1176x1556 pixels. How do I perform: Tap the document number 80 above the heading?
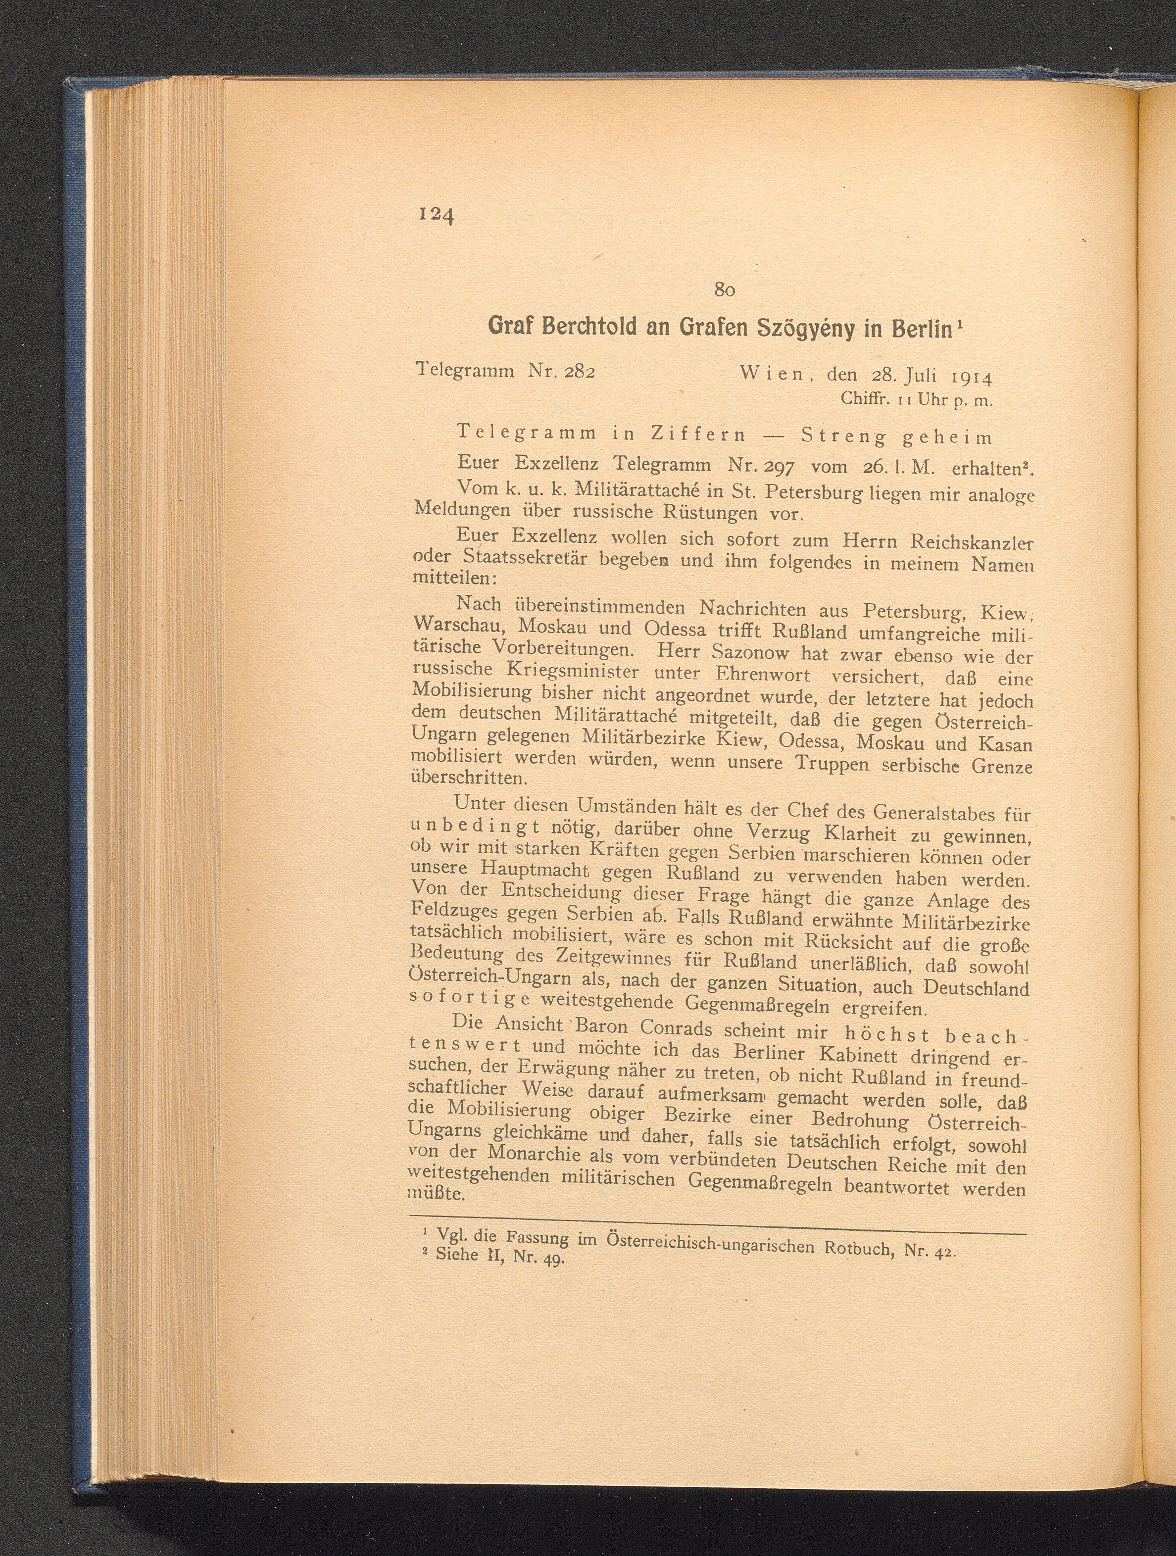[725, 289]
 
